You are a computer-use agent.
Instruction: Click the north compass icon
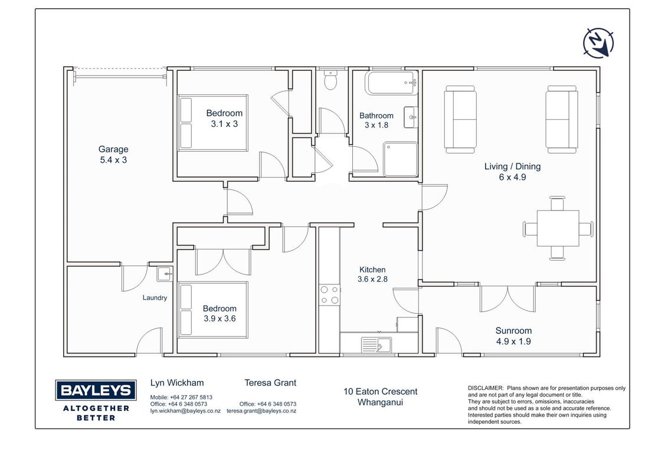(598, 42)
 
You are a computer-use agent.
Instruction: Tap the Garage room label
(113, 149)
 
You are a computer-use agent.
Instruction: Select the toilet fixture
(330, 80)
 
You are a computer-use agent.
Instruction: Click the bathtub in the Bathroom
(391, 83)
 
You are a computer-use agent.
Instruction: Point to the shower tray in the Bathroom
(401, 159)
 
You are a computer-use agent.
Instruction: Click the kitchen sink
(376, 344)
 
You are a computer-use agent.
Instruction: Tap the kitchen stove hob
(330, 295)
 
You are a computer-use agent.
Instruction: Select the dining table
(558, 228)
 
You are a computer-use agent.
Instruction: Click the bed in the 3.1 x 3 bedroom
(213, 123)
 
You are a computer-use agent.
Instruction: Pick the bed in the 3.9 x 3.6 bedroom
(213, 310)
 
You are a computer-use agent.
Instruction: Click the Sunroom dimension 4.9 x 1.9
(513, 341)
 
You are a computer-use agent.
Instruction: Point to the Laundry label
(155, 298)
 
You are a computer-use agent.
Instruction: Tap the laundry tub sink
(165, 274)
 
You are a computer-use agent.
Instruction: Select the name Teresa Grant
(270, 382)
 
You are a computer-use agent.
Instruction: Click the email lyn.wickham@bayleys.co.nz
(185, 411)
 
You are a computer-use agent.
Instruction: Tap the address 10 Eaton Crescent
(381, 392)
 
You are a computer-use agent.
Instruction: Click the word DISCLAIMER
(486, 388)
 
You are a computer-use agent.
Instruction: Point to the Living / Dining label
(512, 166)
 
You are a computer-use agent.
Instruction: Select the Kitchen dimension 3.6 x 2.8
(372, 279)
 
